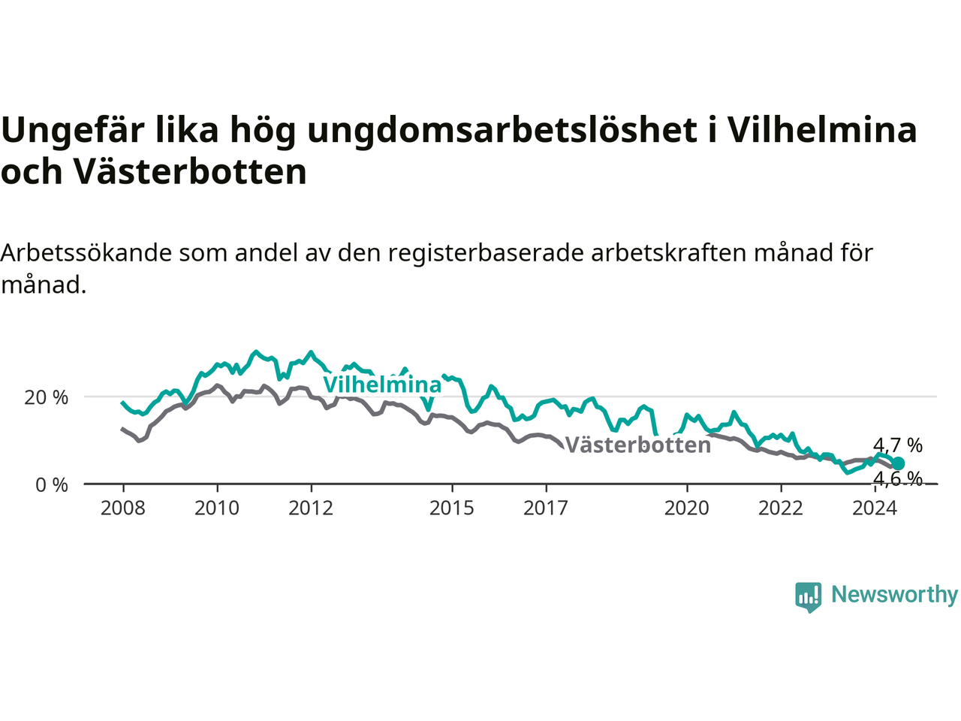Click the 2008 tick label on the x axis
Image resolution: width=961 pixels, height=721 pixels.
coord(122,508)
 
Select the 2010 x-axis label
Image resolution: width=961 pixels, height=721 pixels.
coord(217,508)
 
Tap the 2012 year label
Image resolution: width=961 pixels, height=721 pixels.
coord(311,508)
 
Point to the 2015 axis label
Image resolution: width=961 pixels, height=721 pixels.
coord(452,508)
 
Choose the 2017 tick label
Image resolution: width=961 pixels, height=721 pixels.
coord(546,508)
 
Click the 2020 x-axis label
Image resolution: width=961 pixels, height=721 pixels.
coord(686,508)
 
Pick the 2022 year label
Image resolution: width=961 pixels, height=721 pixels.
coord(781,508)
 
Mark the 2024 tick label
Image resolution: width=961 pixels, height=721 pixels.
coord(875,508)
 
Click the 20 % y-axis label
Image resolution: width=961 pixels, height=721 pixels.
coord(47,397)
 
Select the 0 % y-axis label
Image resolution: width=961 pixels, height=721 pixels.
coord(52,485)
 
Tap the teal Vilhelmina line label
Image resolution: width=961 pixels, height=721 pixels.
coord(382,385)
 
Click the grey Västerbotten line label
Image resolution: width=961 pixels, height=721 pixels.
coord(638,445)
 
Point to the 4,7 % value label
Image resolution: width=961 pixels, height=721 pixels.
coord(897,445)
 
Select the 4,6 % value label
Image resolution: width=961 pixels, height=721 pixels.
coord(897,478)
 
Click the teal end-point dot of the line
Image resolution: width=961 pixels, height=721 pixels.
coord(898,463)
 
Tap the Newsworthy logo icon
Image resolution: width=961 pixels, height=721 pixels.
coord(808,597)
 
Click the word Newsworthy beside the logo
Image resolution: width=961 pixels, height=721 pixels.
coord(894,595)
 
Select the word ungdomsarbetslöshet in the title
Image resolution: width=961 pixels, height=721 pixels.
coord(502,131)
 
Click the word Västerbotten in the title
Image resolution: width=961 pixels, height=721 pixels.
coord(190,171)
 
